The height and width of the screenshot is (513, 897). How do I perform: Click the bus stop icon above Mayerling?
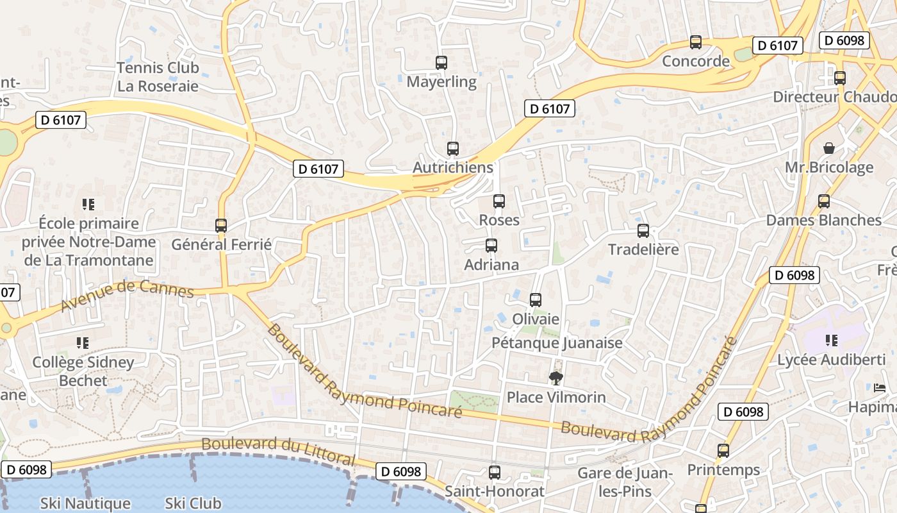441,63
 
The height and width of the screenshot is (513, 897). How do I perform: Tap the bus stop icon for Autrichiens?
453,149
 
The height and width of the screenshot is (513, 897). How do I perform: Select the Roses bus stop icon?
499,201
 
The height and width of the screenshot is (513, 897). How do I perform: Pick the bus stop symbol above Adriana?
491,246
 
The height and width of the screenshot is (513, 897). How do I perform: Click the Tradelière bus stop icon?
643,231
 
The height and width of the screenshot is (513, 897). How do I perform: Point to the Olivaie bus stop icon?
536,299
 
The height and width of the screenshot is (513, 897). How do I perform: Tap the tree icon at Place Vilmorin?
555,378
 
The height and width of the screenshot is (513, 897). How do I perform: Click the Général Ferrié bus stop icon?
221,226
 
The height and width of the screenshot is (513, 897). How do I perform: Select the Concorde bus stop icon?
696,42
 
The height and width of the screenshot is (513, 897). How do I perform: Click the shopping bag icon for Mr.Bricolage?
829,148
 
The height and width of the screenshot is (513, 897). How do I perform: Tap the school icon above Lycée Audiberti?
832,341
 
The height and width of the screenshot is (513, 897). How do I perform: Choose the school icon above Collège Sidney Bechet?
83,343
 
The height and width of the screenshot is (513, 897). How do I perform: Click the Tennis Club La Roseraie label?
158,77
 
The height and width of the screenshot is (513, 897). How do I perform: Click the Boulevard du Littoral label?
278,450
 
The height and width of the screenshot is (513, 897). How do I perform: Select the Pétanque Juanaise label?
557,343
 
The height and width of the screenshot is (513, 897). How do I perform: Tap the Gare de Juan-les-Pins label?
624,482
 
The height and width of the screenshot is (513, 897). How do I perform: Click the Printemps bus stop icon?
723,451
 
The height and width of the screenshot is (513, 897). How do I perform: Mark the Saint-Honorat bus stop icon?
495,473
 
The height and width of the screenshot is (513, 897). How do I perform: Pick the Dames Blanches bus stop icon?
824,201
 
